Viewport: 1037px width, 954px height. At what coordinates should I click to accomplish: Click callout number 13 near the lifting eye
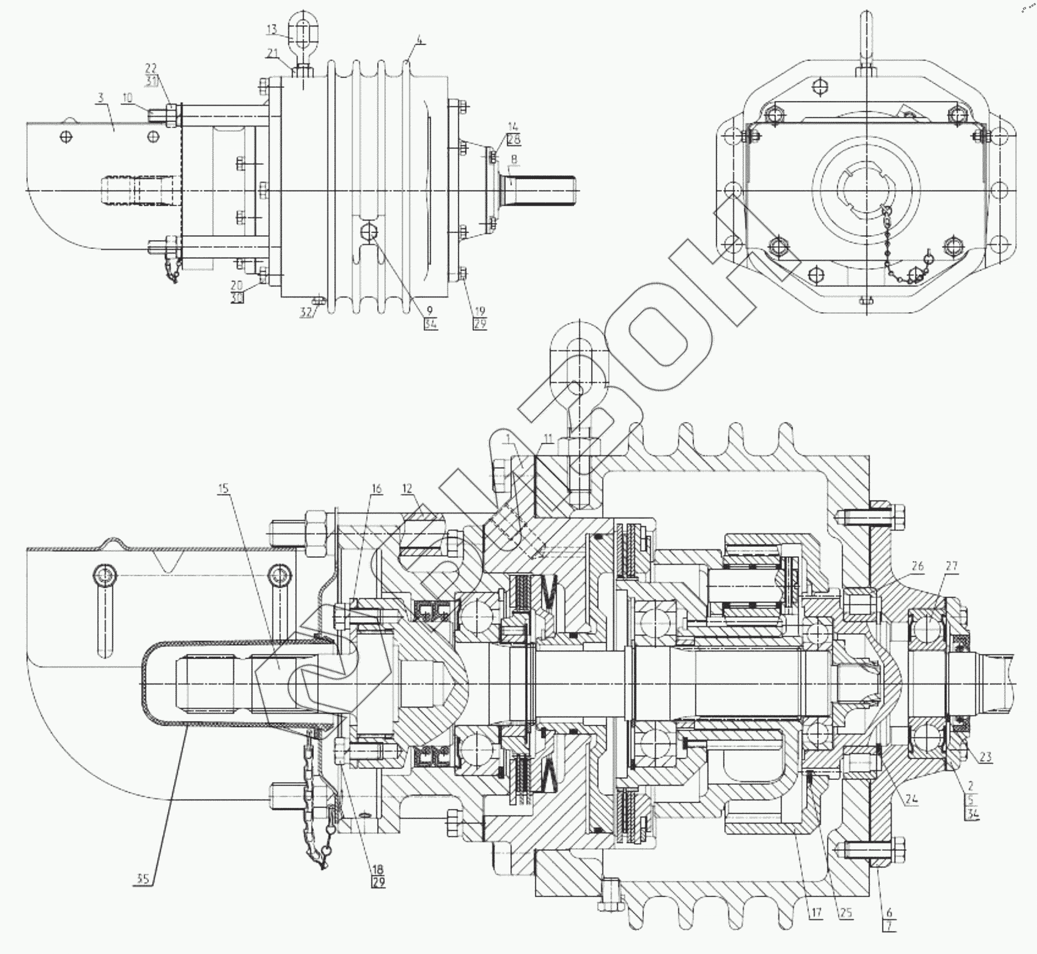272,29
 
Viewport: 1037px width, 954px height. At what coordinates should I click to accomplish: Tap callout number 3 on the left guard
100,98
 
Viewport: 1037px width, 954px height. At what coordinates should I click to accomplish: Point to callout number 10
127,98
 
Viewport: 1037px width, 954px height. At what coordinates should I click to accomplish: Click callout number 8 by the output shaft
514,159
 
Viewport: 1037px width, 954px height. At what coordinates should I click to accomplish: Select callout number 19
480,311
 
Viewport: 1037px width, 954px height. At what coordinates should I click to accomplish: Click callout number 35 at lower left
142,879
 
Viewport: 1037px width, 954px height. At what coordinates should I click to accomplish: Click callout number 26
917,566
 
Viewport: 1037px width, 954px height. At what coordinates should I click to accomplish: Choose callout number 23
986,757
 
